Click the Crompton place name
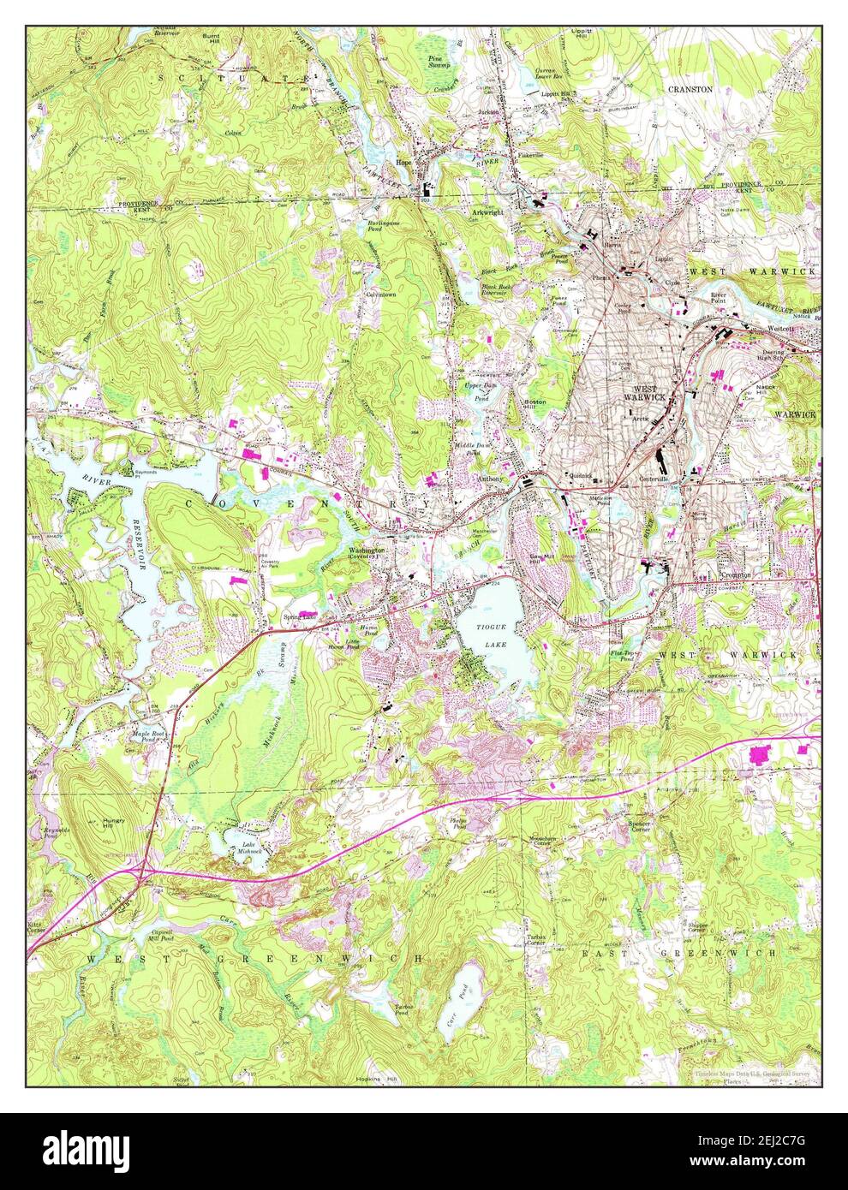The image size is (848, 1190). tap(735, 575)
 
